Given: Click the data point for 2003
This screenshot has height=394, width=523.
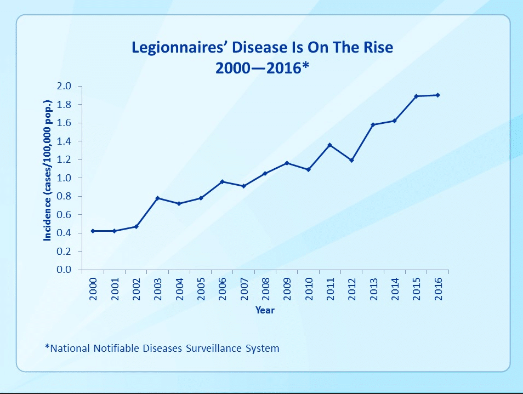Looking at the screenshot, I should coord(157,198).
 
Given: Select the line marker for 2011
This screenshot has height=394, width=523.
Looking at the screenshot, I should coord(329,145).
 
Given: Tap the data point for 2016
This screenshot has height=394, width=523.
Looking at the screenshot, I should coord(437,95).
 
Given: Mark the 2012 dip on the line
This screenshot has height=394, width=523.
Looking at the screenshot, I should coord(351,160).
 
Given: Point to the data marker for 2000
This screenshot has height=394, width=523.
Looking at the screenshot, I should coord(93,231).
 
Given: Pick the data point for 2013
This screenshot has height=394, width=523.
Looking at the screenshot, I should coord(373,124).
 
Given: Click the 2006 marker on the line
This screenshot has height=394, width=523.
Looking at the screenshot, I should coord(222,181).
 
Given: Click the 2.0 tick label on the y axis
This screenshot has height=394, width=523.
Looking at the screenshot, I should coord(65,86).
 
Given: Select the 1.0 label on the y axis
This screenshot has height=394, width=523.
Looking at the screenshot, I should coord(65,178).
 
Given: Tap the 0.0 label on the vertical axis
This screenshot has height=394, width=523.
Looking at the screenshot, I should coord(65,270).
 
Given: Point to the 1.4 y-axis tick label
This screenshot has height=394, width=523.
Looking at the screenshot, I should coord(65,141).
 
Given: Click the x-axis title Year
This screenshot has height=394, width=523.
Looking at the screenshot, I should coord(265,311).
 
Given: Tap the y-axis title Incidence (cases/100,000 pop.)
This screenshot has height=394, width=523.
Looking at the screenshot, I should coord(48,178).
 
